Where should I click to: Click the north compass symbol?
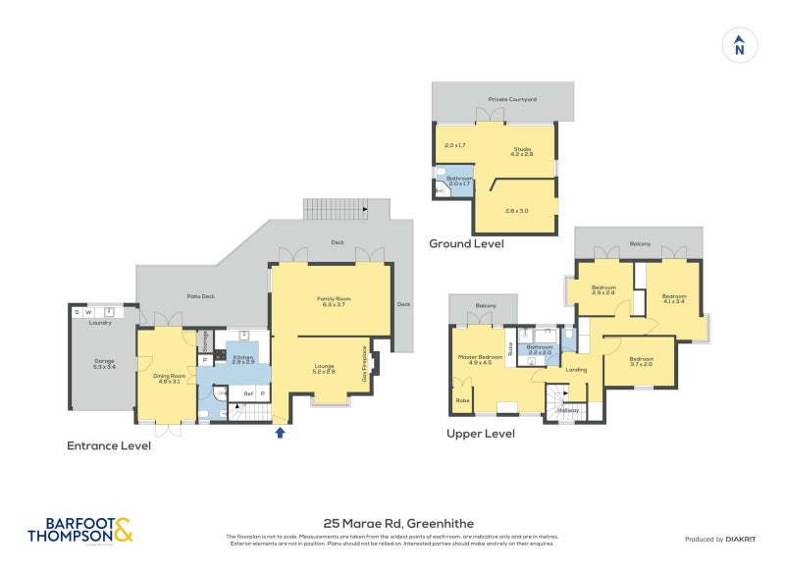pyautogui.click(x=739, y=46)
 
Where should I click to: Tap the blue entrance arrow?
pyautogui.click(x=280, y=431)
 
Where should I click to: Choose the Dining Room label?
pyautogui.click(x=170, y=378)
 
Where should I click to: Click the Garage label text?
pyautogui.click(x=105, y=363)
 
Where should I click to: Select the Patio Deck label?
pyautogui.click(x=201, y=295)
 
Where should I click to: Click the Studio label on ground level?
pyautogui.click(x=522, y=151)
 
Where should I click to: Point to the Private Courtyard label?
pyautogui.click(x=505, y=99)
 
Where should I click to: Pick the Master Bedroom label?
pyautogui.click(x=480, y=359)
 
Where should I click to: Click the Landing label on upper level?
pyautogui.click(x=577, y=370)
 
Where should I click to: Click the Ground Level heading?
pyautogui.click(x=466, y=243)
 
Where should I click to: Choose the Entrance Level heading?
pyautogui.click(x=109, y=444)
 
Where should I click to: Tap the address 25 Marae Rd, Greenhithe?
pyautogui.click(x=392, y=524)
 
